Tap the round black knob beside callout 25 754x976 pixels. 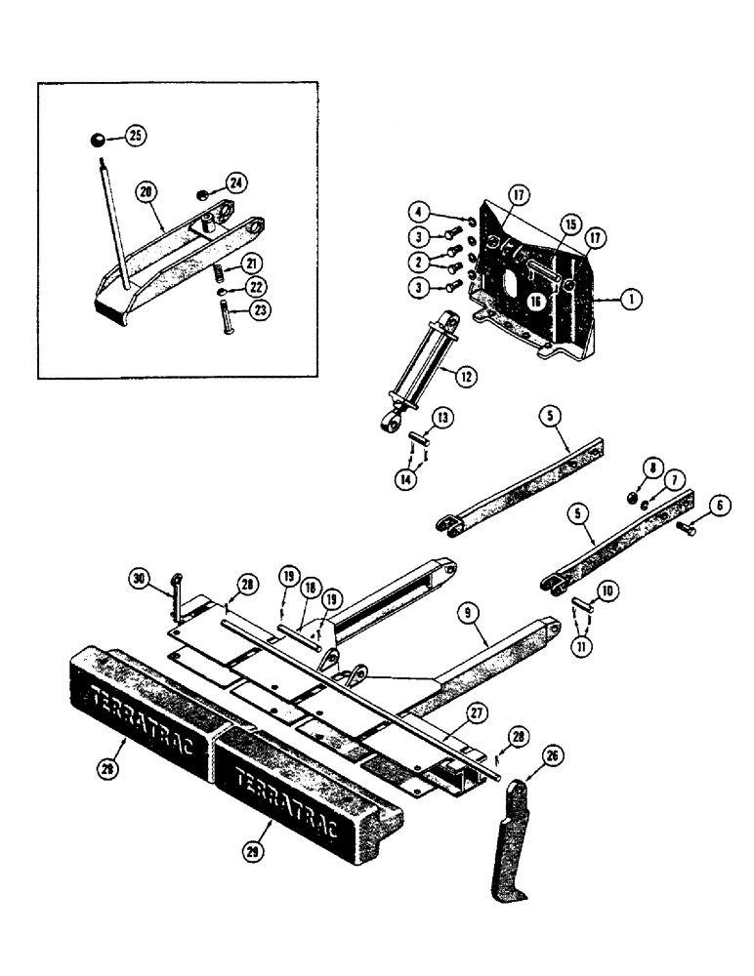tap(98, 142)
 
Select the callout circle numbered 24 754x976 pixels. tap(235, 182)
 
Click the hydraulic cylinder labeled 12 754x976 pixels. tap(420, 369)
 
